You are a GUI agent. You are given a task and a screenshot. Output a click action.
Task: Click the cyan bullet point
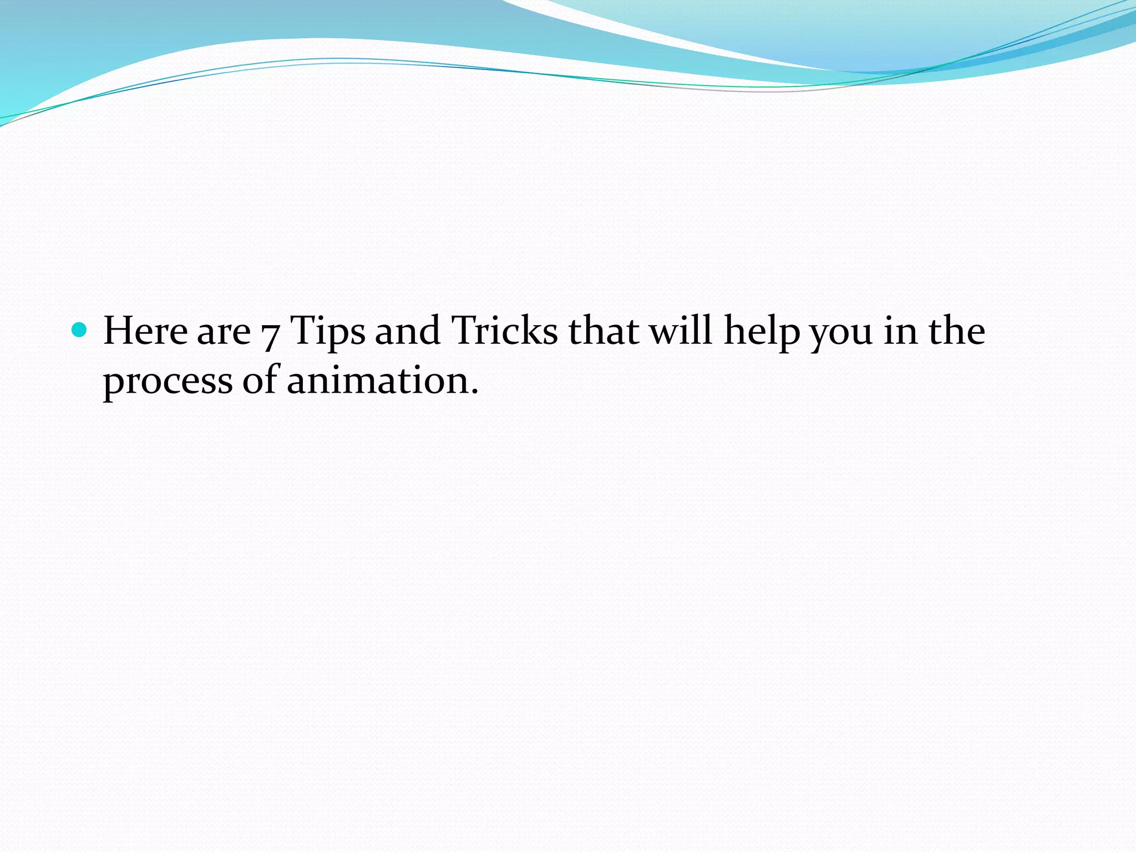pos(80,330)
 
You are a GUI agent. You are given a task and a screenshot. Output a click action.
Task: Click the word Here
pos(145,331)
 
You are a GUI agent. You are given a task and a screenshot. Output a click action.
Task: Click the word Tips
pos(328,332)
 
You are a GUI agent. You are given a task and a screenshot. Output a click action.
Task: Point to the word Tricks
pos(504,331)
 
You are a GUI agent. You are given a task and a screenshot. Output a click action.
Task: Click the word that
pos(603,331)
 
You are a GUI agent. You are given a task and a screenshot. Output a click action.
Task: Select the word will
pos(681,331)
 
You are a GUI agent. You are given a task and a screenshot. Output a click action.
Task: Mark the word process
pos(168,383)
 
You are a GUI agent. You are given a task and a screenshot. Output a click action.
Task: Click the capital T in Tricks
pos(464,331)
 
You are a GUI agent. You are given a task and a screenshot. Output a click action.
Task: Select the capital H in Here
pos(119,331)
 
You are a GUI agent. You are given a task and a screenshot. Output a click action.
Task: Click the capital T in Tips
pos(303,331)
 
